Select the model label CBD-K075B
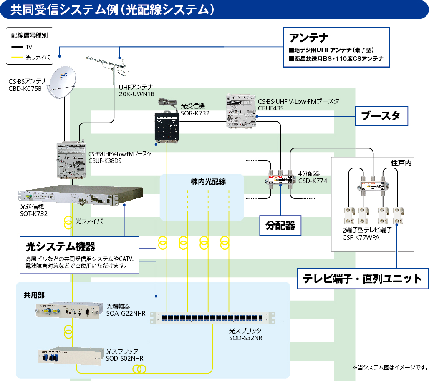coord(25,88)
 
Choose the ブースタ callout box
coord(381,116)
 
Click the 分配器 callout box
coord(280,226)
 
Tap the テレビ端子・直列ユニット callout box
coord(363,278)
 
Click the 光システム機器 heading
coord(61,246)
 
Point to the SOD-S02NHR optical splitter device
coord(70,356)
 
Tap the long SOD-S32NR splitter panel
coord(213,318)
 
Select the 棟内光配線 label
coord(202,182)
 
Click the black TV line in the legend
coord(18,47)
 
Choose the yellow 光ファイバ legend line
coord(18,58)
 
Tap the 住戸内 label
coord(401,163)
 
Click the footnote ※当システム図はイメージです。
coord(390,367)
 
